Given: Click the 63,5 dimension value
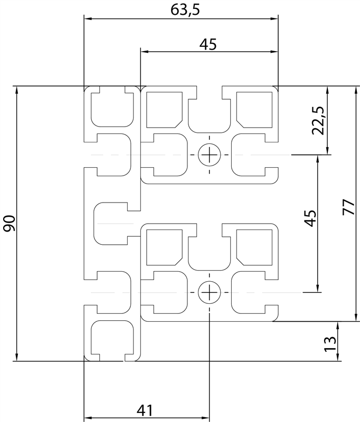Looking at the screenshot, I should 181,9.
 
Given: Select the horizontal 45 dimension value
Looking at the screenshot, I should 209,45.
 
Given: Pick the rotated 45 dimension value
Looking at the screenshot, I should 310,218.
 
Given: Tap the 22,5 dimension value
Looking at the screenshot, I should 319,120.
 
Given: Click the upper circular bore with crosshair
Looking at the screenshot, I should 210,155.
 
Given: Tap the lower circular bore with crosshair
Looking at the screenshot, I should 209,292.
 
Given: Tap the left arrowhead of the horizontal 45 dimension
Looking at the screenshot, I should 144,52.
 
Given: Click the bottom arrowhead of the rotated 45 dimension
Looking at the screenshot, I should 318,288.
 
